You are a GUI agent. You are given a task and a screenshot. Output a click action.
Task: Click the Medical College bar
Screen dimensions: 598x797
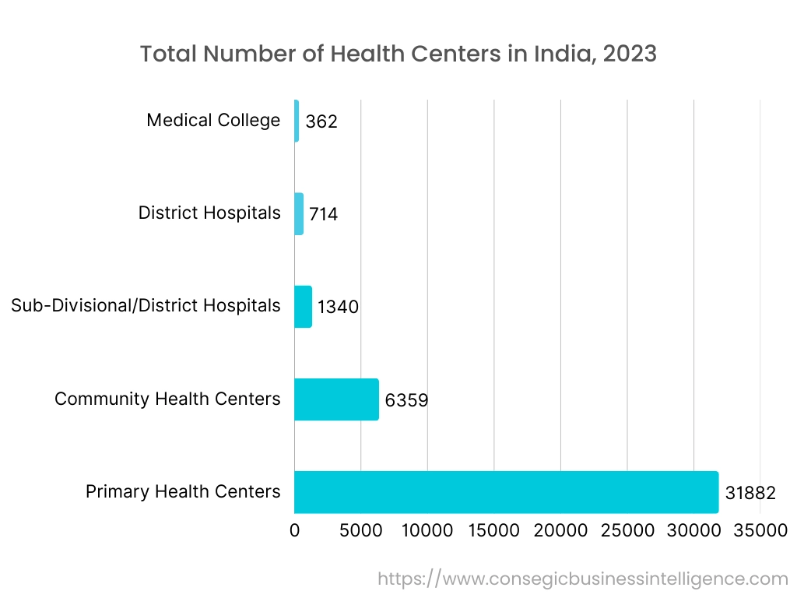coord(297,121)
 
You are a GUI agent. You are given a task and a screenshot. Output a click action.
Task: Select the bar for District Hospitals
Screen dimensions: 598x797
coord(299,213)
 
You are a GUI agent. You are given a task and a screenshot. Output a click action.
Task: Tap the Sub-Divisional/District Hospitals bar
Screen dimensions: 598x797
coord(303,306)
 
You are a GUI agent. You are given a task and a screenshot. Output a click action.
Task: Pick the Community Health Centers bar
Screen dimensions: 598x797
coord(336,399)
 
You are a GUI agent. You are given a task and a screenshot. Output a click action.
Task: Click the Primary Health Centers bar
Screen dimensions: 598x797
coord(506,492)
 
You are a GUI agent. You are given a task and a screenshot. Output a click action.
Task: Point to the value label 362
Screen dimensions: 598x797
coord(321,122)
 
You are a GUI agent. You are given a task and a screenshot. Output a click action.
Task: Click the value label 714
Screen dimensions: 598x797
coord(323,215)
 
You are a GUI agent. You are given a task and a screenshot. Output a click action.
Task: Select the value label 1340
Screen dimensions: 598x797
coord(338,308)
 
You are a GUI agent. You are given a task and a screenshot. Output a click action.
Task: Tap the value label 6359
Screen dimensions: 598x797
coord(406,401)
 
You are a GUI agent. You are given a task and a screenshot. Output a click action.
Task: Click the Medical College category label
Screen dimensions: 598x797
coord(213,121)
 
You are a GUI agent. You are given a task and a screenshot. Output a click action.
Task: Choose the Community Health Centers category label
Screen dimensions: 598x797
coord(167,399)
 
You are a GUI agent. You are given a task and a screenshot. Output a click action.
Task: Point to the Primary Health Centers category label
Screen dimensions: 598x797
coord(183,492)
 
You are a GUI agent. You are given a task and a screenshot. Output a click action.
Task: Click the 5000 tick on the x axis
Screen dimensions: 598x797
coord(361,531)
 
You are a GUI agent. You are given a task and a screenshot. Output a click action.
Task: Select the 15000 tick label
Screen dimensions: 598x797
coord(494,531)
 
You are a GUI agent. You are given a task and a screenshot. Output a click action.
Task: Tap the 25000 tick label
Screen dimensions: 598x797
coord(627,531)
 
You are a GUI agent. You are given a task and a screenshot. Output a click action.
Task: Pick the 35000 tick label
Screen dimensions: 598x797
coord(760,531)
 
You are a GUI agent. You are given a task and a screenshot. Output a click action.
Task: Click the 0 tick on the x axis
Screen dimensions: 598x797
coord(295,531)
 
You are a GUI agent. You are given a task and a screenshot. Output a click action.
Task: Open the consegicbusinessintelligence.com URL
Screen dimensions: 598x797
coord(583,579)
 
